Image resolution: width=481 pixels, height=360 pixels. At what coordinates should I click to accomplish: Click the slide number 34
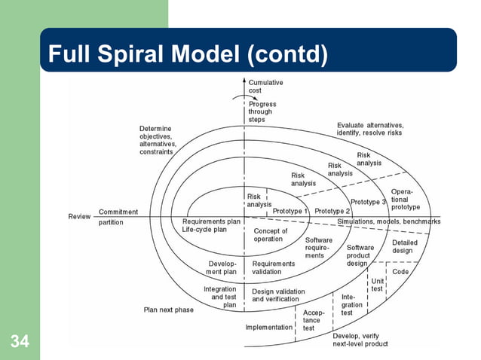point(20,343)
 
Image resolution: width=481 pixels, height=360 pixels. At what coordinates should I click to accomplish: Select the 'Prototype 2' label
point(332,211)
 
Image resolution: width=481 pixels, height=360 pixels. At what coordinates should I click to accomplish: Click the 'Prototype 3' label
point(369,202)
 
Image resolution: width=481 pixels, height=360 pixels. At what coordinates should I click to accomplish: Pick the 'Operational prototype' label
point(406,199)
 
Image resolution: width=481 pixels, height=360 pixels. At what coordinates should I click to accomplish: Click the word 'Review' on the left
point(80,217)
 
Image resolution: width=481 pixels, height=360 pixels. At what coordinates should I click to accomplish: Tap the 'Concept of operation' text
point(271,235)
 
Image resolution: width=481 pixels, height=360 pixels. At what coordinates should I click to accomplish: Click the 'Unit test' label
point(378,285)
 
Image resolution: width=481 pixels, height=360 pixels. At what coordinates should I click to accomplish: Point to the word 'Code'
point(400,271)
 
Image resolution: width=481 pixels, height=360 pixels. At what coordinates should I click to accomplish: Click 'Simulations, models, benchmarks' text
point(389,222)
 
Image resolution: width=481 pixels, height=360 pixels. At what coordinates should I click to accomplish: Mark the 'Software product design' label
point(359,255)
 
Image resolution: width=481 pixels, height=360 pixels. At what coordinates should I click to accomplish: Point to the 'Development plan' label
point(222,267)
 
